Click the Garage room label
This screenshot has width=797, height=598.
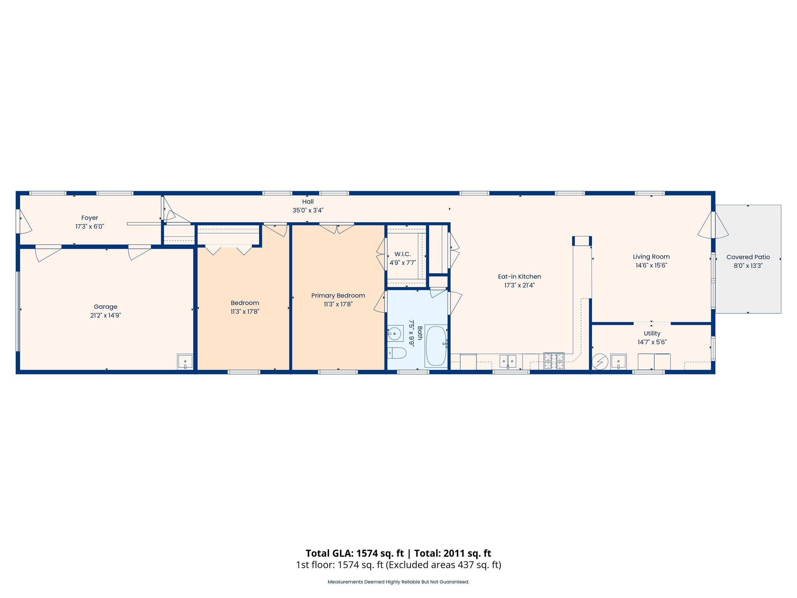coord(105,307)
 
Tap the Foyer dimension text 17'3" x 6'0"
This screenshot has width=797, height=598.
coord(90,227)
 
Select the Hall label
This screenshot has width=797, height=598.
coord(308,202)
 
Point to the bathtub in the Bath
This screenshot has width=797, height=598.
coord(436,346)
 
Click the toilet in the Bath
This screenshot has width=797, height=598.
coord(397,353)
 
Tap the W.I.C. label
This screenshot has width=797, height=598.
coord(402,254)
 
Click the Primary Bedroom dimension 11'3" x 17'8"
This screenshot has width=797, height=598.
coord(338,304)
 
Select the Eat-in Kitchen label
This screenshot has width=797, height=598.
coord(519,277)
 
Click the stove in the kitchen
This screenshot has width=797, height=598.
coord(554,361)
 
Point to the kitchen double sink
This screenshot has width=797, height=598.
coord(508,361)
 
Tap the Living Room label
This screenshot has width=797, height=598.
coord(651,257)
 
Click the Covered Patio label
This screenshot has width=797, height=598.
coord(748,257)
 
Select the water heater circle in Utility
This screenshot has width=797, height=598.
coord(600,362)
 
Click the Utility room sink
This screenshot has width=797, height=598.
coord(618,361)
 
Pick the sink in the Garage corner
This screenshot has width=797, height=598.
coord(185,362)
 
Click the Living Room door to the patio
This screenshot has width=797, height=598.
coord(713,225)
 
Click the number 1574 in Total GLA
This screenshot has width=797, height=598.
coord(367,553)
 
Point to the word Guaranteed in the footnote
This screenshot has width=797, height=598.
coord(454,582)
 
